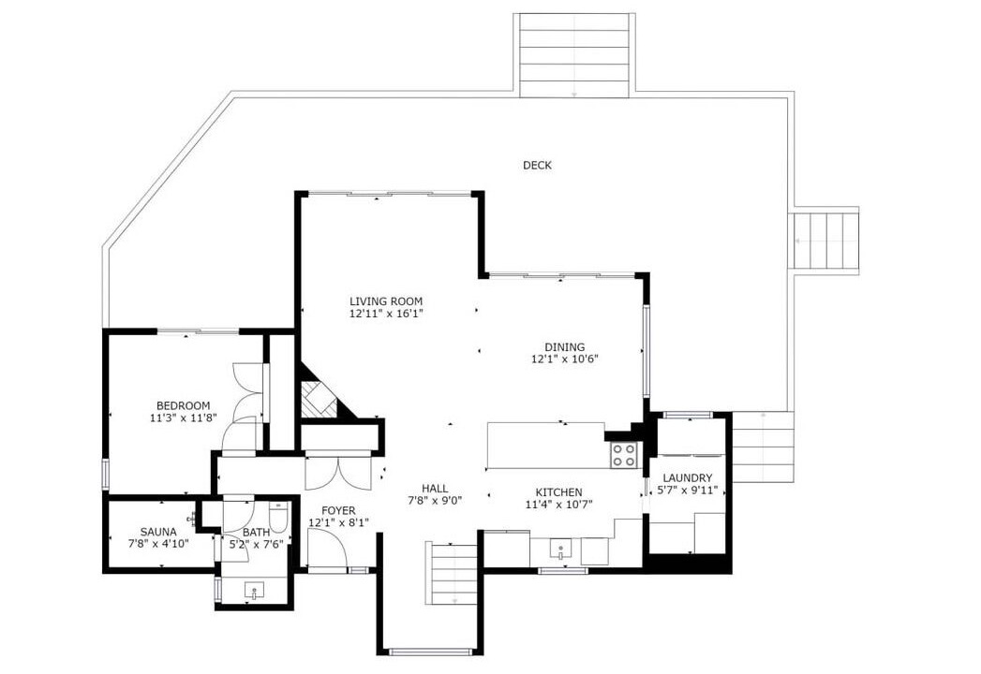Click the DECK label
tap(537, 165)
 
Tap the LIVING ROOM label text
tap(386, 300)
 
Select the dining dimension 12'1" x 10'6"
tap(565, 359)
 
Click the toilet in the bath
tap(277, 517)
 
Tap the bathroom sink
tap(254, 591)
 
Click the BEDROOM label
tap(184, 405)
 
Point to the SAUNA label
tap(158, 532)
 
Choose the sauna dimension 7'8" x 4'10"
tap(158, 544)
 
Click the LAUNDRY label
tap(688, 477)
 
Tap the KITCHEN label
tap(558, 492)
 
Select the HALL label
tap(434, 488)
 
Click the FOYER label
tap(338, 511)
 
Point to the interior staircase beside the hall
tap(451, 574)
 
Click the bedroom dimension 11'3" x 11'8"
tap(184, 418)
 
